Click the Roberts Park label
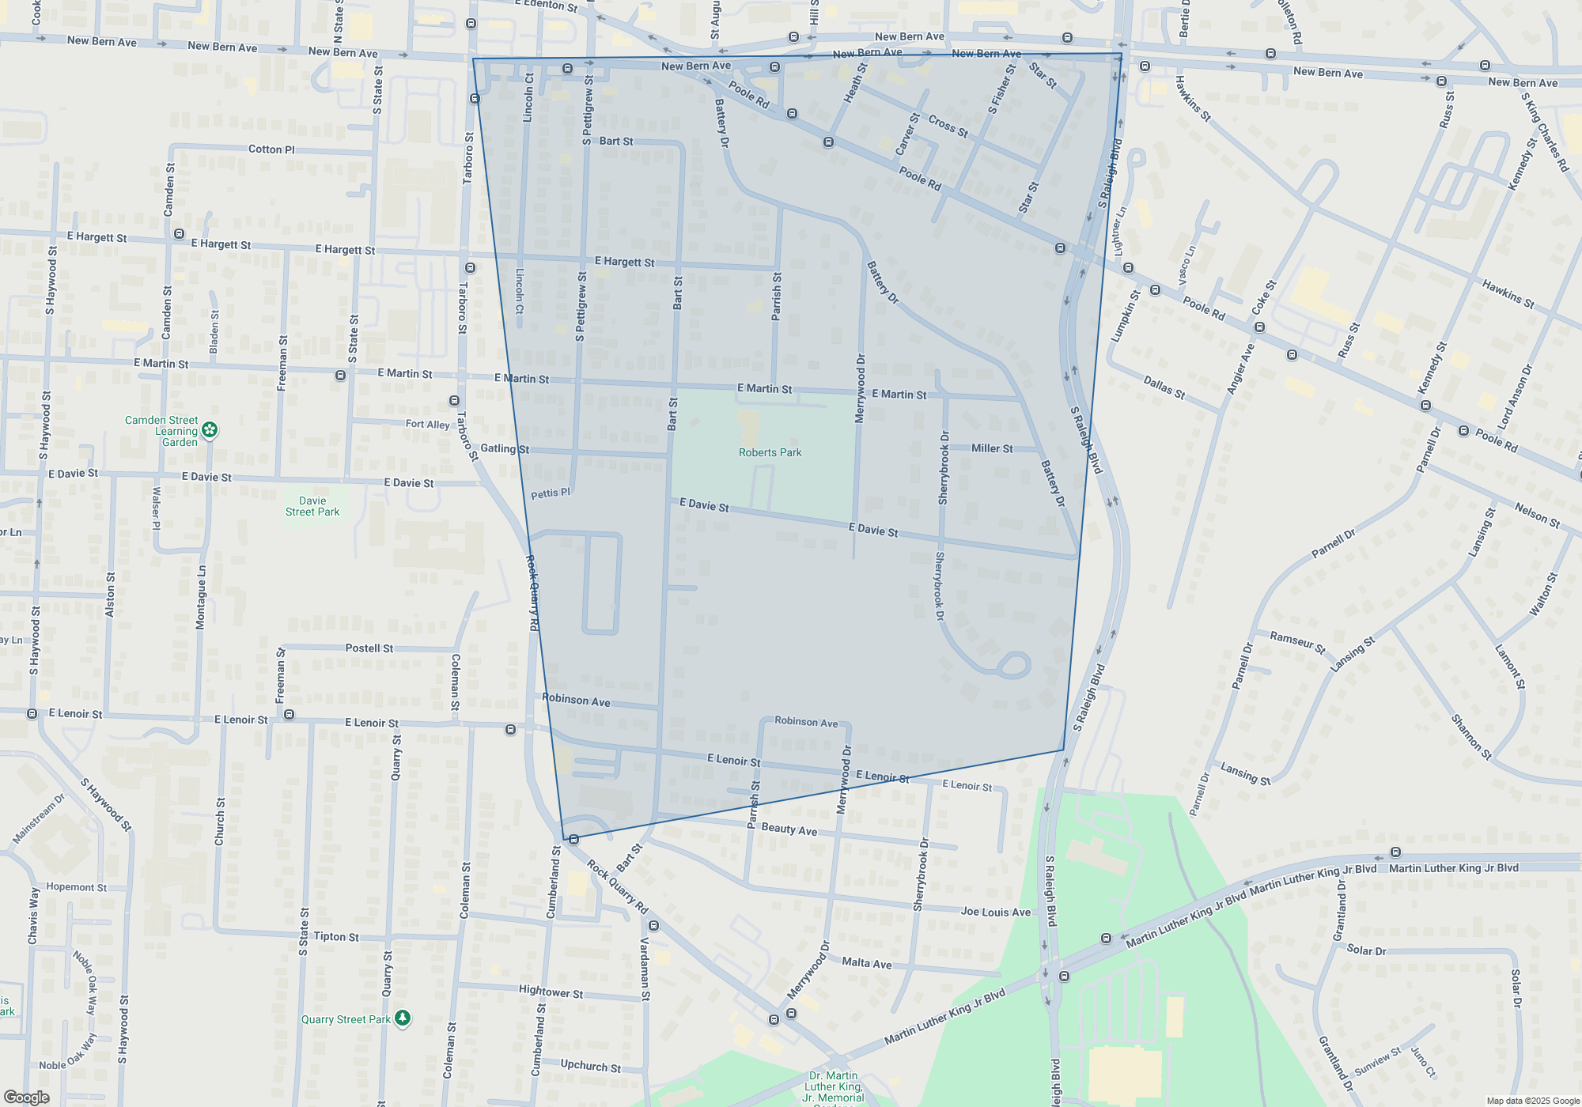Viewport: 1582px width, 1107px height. (770, 453)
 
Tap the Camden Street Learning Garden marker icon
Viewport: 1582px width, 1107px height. (210, 430)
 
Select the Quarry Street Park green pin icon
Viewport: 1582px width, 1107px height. (403, 1018)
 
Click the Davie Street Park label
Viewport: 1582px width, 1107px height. (312, 507)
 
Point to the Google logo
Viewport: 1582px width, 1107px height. (26, 1098)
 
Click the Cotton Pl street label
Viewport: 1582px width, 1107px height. (271, 149)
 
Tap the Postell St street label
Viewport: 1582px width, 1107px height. (369, 648)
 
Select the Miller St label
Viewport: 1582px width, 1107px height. (992, 448)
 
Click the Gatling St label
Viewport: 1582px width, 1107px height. (505, 449)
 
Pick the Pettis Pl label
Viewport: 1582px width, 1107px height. (550, 493)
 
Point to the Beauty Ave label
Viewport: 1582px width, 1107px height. (789, 829)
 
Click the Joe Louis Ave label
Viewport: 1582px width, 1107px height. (995, 912)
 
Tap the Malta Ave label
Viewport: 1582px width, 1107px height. (866, 962)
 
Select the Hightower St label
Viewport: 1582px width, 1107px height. (551, 992)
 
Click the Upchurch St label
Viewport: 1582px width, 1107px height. (590, 1066)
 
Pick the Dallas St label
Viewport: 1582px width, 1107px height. (1164, 387)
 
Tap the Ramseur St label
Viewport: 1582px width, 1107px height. (1297, 642)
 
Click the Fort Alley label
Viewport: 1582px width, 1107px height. (427, 425)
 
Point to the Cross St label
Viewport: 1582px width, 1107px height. (948, 127)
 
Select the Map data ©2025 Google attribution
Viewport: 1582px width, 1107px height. (1532, 1101)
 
